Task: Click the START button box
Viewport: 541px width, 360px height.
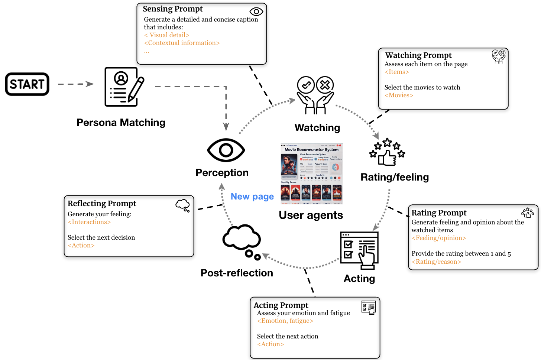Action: coord(27,84)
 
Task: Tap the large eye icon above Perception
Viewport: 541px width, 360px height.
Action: coord(226,150)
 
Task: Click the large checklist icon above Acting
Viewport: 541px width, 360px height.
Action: coord(359,250)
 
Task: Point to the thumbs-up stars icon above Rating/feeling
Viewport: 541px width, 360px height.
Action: coord(387,152)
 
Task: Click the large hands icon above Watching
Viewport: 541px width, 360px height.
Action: coord(315,95)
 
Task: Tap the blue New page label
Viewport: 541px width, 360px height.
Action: coord(252,197)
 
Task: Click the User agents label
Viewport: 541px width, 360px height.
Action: coord(311,215)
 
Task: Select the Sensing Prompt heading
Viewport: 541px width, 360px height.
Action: coord(173,9)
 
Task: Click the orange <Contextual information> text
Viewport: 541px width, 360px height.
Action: coord(182,43)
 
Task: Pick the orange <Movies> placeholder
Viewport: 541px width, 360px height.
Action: coord(399,95)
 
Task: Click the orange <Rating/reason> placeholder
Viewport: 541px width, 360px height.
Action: coord(436,262)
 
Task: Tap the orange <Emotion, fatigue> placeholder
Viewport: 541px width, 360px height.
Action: coord(285,321)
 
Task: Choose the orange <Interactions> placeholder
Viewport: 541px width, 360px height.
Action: coord(89,222)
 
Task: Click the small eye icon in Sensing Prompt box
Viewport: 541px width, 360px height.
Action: coord(256,12)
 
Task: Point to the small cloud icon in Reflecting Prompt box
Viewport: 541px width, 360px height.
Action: coord(183,205)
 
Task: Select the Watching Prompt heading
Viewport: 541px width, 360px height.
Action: coord(418,55)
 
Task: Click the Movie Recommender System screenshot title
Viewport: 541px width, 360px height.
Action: coord(311,150)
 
